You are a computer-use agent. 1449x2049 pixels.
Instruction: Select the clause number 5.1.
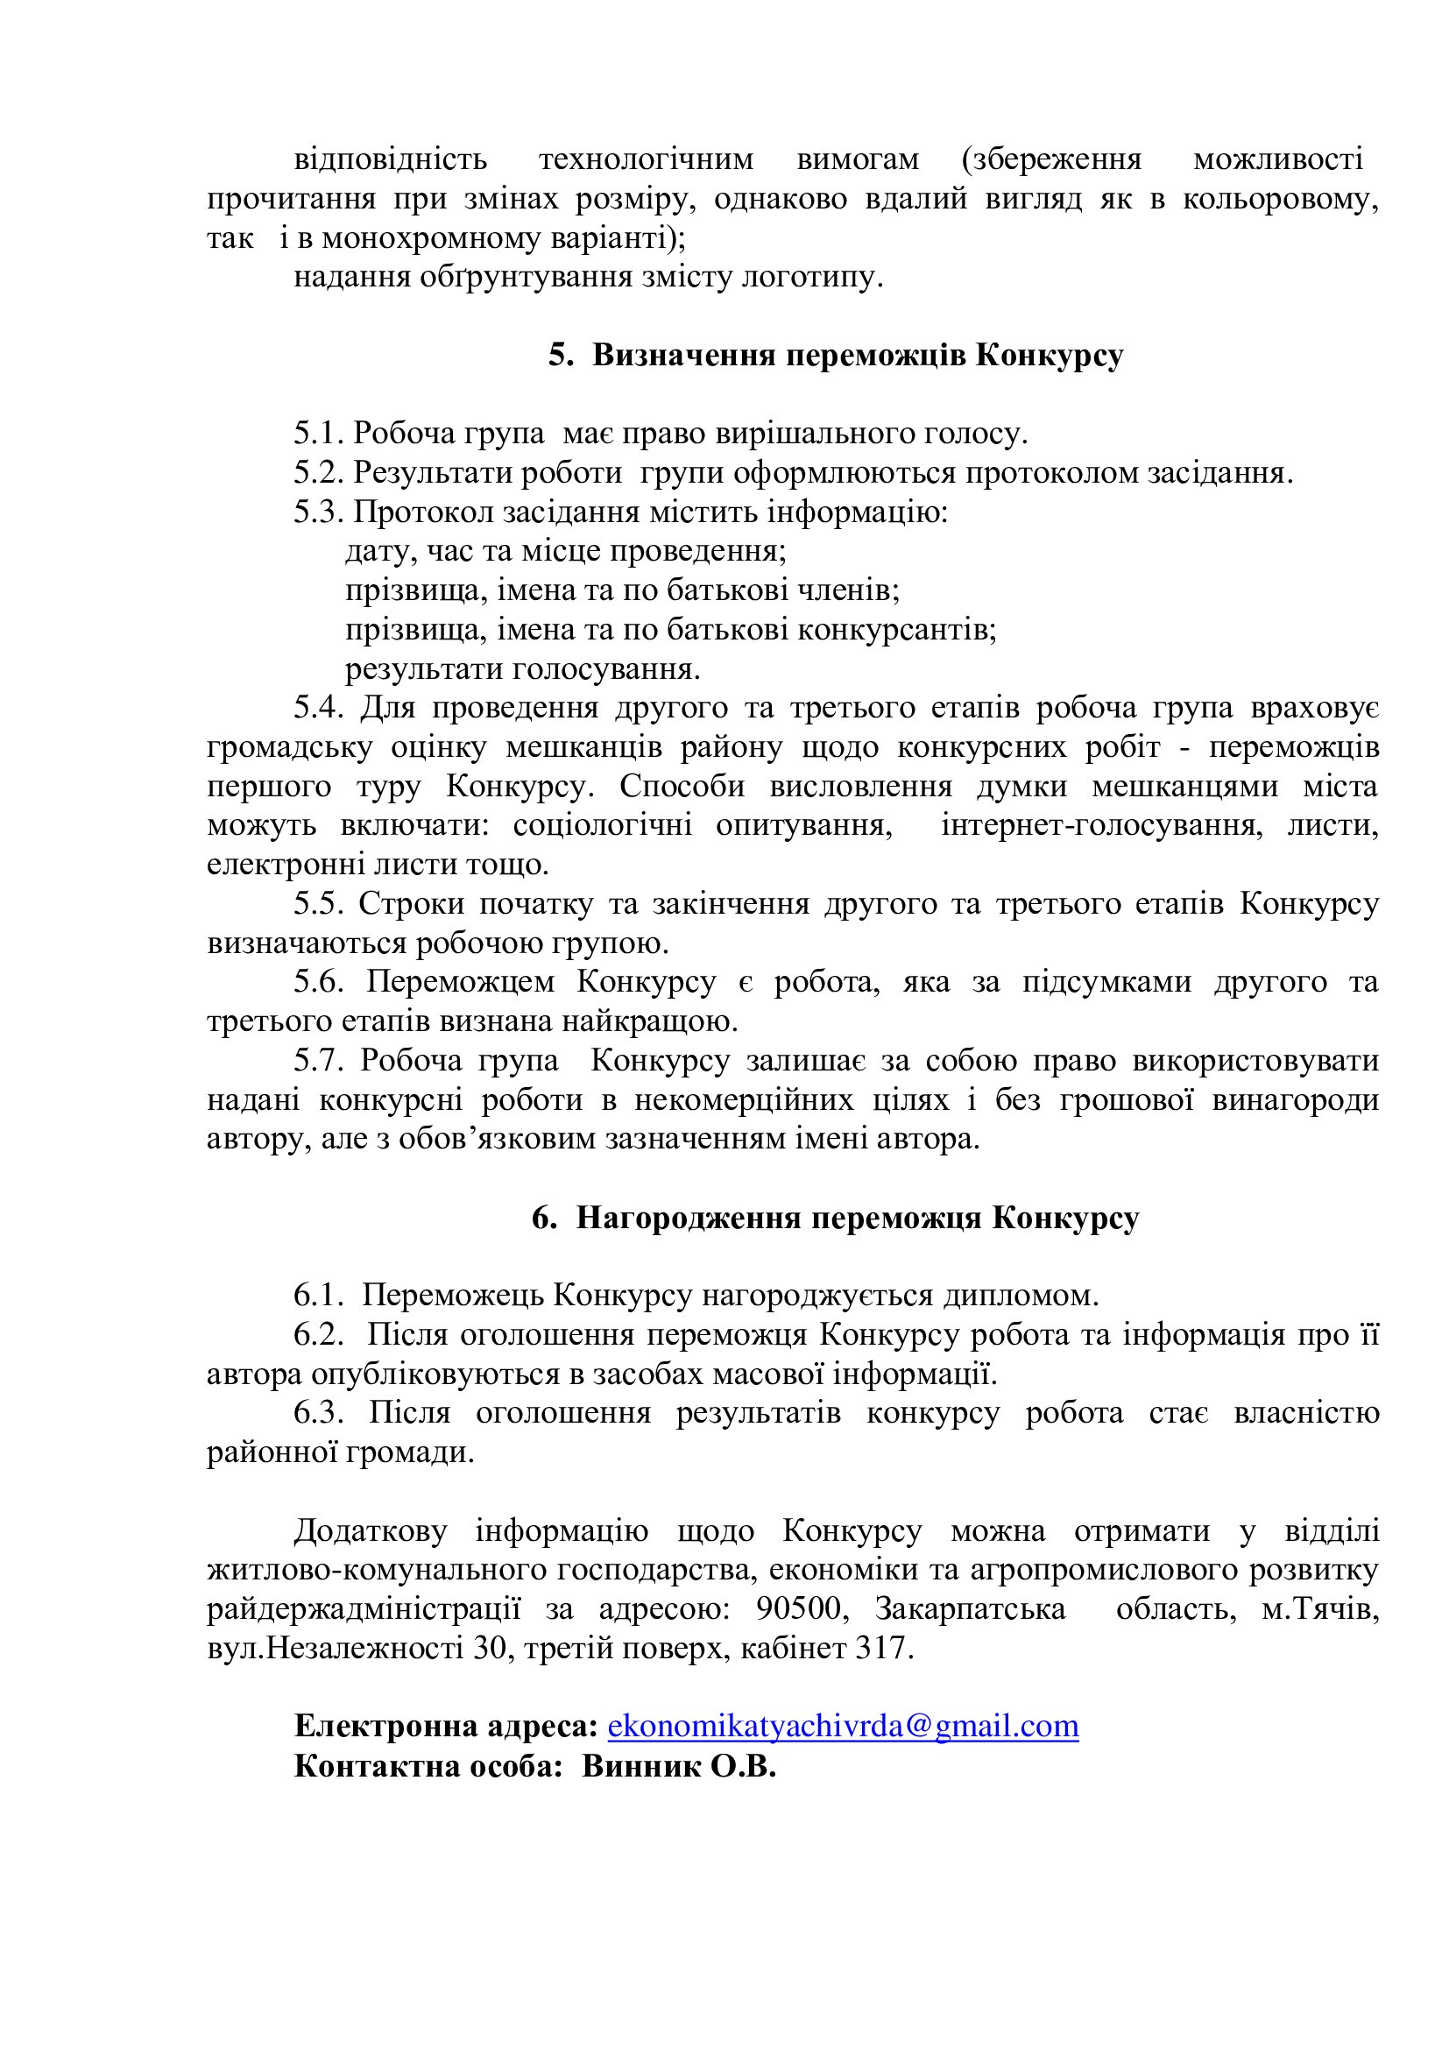coord(319,434)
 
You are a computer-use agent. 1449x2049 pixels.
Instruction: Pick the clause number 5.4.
coord(319,708)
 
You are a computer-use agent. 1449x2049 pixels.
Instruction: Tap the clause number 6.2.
coord(319,1335)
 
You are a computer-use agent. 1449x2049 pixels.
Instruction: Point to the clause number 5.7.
coord(319,1061)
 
